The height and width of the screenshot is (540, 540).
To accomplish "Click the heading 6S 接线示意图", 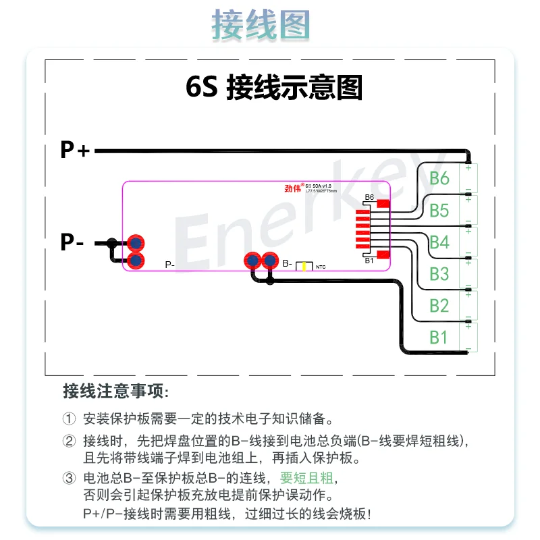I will point(274,88).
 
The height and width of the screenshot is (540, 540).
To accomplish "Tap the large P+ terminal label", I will point(75,150).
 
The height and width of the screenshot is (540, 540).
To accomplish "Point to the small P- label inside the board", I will point(170,265).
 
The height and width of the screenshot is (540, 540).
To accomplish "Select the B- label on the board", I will point(288,263).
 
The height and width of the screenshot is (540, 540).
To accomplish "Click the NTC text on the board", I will point(321,267).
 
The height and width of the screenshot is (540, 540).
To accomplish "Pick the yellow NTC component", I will point(305,266).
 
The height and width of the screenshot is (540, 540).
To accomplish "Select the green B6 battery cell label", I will point(439,178).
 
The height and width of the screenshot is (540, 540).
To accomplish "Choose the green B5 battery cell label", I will point(439,211).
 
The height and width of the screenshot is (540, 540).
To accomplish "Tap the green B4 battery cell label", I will point(439,242).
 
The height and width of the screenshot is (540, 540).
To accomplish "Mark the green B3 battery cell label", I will point(439,273).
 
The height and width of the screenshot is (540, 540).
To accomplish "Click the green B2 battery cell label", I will point(439,305).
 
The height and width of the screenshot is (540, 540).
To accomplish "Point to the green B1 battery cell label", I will point(439,337).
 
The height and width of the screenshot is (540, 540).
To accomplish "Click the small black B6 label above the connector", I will point(369,198).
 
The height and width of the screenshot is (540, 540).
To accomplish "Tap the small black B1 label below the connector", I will point(369,260).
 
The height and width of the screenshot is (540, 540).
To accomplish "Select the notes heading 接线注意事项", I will point(115,391).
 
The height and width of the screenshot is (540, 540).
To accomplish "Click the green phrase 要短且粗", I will point(307,478).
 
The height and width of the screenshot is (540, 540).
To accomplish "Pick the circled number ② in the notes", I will point(69,441).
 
